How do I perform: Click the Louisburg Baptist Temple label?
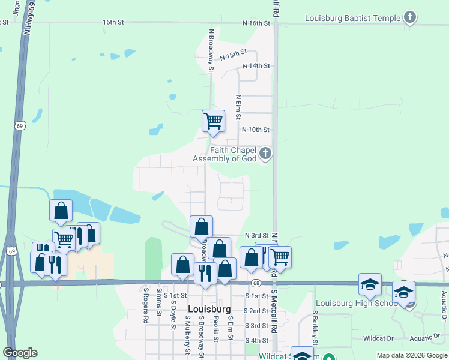[352, 18]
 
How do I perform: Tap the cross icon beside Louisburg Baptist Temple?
[409, 17]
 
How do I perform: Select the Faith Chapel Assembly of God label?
[224, 154]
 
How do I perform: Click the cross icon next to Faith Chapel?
[265, 154]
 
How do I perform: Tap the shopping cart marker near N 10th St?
[214, 121]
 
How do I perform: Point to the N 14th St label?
[256, 65]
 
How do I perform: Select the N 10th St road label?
[256, 130]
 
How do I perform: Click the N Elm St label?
[238, 106]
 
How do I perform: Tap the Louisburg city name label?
[209, 309]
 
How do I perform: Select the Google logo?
[20, 353]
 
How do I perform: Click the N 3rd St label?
[256, 236]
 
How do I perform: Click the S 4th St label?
[256, 340]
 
